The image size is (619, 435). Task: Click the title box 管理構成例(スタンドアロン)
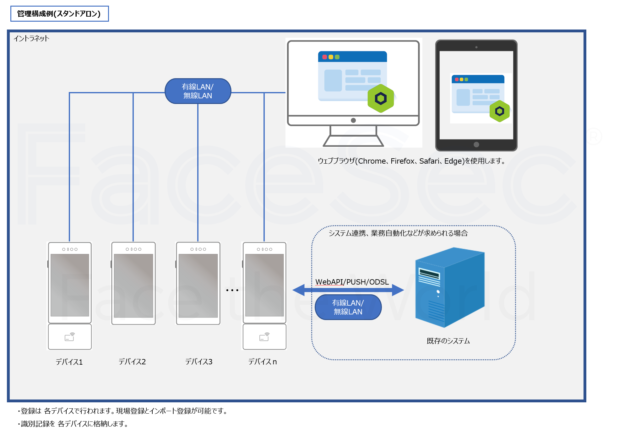click(x=59, y=14)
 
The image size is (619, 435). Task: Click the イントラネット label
click(x=31, y=38)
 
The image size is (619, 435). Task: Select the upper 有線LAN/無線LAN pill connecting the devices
click(x=198, y=91)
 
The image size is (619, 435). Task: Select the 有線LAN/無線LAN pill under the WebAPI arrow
click(x=348, y=307)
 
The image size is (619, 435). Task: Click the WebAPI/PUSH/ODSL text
click(x=352, y=282)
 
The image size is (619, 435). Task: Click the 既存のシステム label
click(x=448, y=341)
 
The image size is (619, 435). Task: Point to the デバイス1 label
click(x=69, y=362)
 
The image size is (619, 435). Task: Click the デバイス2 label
click(x=132, y=362)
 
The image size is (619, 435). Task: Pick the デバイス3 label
click(x=199, y=362)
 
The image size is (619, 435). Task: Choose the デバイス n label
click(x=263, y=362)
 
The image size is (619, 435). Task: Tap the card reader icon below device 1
click(x=70, y=337)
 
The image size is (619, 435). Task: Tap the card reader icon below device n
click(x=264, y=337)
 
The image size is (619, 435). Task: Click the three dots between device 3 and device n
click(x=232, y=290)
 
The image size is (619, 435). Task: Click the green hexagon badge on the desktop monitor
click(x=381, y=98)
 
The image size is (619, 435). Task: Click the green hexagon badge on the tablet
click(x=499, y=111)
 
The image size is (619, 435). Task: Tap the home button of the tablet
click(x=476, y=144)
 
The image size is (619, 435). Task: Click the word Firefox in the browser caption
click(x=403, y=161)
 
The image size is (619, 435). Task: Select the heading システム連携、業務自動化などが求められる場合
click(x=398, y=233)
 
